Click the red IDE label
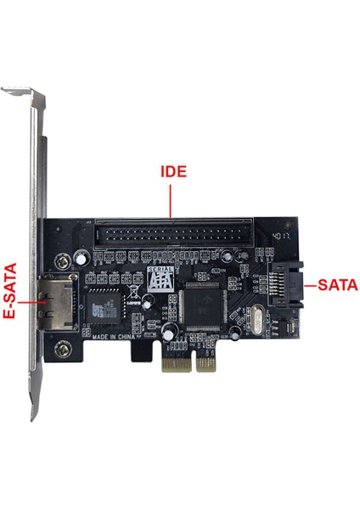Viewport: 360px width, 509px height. coord(173,171)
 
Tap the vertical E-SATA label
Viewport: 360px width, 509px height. coord(10,288)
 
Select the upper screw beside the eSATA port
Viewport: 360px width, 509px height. coord(62,259)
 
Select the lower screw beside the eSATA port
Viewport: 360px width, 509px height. coord(63,347)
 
